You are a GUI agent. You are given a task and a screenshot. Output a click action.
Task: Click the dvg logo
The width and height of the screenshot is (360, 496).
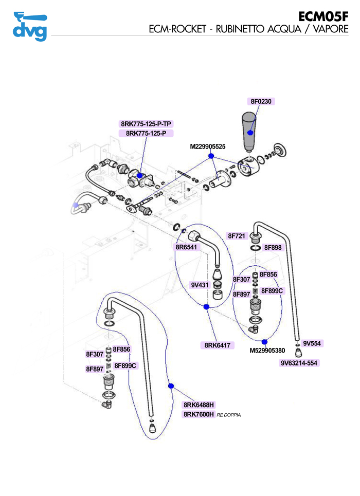click(x=30, y=26)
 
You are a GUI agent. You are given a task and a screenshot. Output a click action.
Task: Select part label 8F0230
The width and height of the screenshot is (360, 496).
click(x=261, y=101)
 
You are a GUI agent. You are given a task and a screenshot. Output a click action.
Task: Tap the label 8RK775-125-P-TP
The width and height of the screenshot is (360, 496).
click(x=147, y=124)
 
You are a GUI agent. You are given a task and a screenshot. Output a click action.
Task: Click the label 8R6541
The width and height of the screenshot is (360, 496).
click(x=186, y=247)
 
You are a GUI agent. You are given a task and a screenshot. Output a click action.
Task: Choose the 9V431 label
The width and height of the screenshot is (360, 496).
click(x=199, y=284)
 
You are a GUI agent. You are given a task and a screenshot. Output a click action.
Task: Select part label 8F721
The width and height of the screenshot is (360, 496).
click(x=238, y=236)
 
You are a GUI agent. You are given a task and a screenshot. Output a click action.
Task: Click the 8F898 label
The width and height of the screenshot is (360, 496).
click(x=273, y=247)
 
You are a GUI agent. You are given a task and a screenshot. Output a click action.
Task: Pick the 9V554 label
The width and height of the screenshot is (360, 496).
click(x=312, y=343)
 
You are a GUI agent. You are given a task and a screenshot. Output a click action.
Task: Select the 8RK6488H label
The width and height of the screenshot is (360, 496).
click(x=199, y=405)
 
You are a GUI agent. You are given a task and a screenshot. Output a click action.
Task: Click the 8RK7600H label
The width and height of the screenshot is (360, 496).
click(x=199, y=414)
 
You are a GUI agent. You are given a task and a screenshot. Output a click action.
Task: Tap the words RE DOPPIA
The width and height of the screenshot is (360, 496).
click(x=229, y=415)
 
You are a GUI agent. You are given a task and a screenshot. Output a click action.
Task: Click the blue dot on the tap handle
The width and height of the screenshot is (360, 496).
click(x=250, y=133)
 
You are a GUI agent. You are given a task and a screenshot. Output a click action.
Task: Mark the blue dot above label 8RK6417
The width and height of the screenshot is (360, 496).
click(x=206, y=307)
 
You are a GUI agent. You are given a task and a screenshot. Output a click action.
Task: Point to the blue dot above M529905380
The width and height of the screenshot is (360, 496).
click(x=264, y=341)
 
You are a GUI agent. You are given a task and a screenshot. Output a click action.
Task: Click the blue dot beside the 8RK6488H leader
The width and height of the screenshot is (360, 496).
click(x=171, y=385)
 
